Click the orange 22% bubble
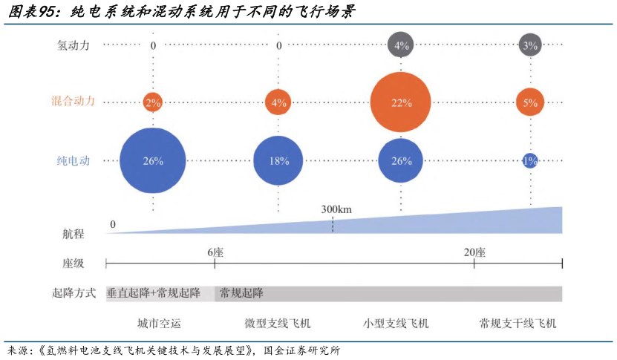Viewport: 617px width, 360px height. (x=402, y=102)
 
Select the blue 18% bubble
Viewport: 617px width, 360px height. (x=279, y=160)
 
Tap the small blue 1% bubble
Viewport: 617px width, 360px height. (x=529, y=160)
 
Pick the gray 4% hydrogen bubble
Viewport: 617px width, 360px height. (x=401, y=45)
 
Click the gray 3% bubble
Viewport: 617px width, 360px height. (x=529, y=45)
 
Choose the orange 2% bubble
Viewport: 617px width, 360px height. (x=153, y=102)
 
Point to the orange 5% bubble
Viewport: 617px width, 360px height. (x=529, y=102)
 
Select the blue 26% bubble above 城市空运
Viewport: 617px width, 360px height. (x=153, y=160)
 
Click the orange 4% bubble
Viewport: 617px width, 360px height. (x=278, y=102)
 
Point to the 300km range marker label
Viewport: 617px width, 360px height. (x=336, y=209)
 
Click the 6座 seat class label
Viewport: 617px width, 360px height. (x=215, y=252)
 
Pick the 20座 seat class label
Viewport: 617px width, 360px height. (x=474, y=252)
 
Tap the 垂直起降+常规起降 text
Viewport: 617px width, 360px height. (x=154, y=293)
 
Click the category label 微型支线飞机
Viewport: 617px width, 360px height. (x=278, y=324)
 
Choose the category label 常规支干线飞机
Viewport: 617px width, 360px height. (x=518, y=324)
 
